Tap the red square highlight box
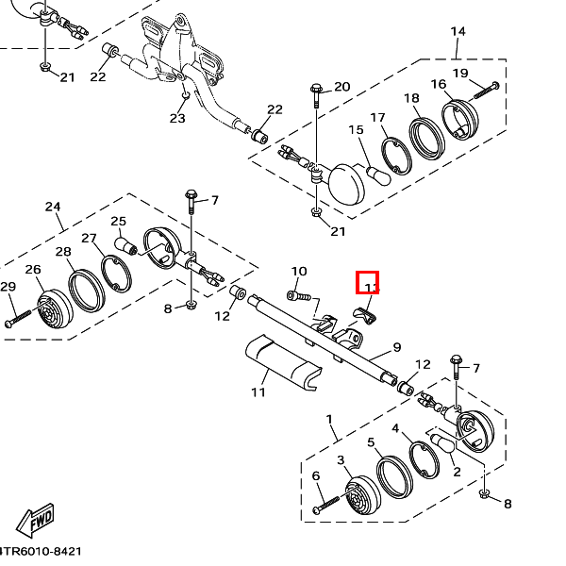(x=367, y=282)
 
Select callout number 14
(x=458, y=31)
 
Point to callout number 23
(x=177, y=118)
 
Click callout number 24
(x=53, y=207)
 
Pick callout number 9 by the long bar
(x=397, y=346)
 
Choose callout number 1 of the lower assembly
(x=329, y=418)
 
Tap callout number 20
(x=341, y=87)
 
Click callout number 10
(x=299, y=272)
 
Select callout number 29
(x=8, y=287)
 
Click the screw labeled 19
(x=486, y=91)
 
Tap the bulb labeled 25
(x=127, y=247)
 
